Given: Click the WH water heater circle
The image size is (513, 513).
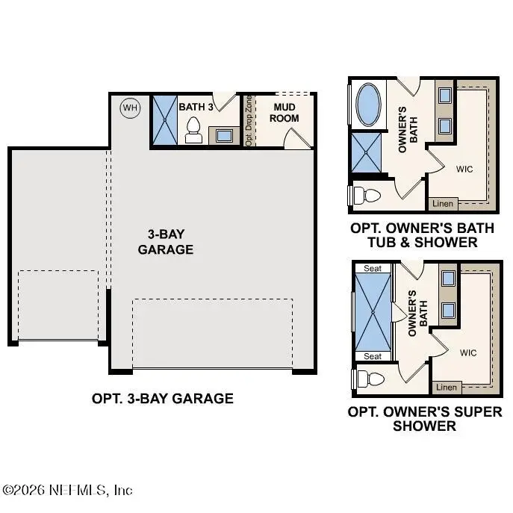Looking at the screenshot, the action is tap(130, 108).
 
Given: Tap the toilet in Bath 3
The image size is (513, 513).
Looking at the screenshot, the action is tap(193, 130).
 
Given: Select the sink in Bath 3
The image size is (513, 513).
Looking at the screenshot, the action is tap(224, 135).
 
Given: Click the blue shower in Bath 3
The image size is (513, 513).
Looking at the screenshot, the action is tap(165, 120).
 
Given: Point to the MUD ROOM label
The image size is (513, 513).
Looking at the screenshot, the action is tap(284, 113).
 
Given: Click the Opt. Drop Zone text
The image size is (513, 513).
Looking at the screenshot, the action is tap(249, 120).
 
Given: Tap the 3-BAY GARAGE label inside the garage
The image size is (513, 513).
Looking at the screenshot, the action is tap(166, 242).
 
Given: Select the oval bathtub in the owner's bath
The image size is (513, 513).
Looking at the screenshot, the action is tap(368, 105).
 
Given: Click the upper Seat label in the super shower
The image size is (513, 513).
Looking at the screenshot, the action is tap(373, 269).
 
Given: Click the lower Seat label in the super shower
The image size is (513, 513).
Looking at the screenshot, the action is tap(373, 356).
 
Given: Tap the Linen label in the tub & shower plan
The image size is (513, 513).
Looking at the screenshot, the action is tap(443, 204).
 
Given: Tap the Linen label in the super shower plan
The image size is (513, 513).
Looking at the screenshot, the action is tap(447, 388).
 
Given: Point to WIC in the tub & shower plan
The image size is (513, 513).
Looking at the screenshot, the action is tap(464, 170).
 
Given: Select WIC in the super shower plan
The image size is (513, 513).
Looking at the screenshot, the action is tap(468, 352).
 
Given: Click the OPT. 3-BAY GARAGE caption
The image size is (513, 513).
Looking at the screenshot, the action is tap(163, 399).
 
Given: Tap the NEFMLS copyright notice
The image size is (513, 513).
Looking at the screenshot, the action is tap(67, 490).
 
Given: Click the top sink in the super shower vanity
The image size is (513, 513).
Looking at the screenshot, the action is tap(448, 279).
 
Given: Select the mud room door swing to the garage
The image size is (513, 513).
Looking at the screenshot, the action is tap(297, 139).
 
